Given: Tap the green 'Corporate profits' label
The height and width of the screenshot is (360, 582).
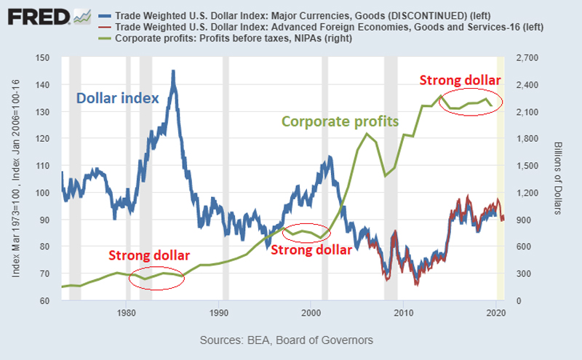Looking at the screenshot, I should pos(340,121).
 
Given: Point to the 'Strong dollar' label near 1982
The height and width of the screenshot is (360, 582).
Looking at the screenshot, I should pos(149,255).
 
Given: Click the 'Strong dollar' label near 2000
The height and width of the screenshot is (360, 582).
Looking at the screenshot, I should pos(312,249).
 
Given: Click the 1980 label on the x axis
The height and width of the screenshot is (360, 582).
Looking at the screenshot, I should pos(127,313).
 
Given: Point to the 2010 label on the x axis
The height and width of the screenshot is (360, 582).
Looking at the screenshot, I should pos(402,313).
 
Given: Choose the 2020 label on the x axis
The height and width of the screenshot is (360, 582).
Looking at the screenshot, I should pos(495,313).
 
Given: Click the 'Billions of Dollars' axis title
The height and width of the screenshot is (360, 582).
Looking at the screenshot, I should pos(557,179).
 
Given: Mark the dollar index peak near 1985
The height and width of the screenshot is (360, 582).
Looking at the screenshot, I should pos(172,71).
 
